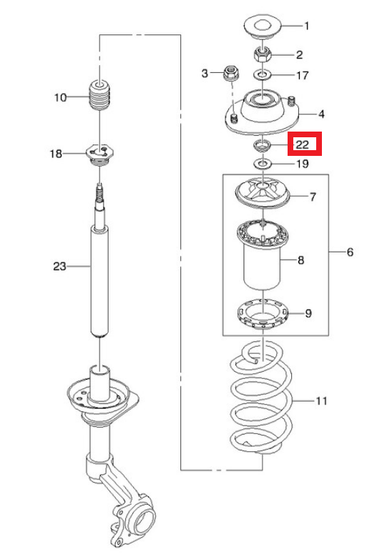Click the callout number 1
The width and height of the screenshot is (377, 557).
click(x=306, y=26)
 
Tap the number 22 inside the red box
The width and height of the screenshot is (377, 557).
click(x=303, y=144)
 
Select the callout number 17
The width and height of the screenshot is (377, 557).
click(x=303, y=75)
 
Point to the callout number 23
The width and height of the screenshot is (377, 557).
click(x=59, y=266)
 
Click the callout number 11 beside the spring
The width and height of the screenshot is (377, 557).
click(x=322, y=400)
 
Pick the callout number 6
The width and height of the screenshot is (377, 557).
click(x=350, y=252)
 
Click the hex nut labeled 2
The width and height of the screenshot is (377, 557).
click(x=263, y=55)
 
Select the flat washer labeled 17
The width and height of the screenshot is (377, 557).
click(x=263, y=75)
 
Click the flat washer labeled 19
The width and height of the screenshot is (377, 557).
click(x=263, y=164)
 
